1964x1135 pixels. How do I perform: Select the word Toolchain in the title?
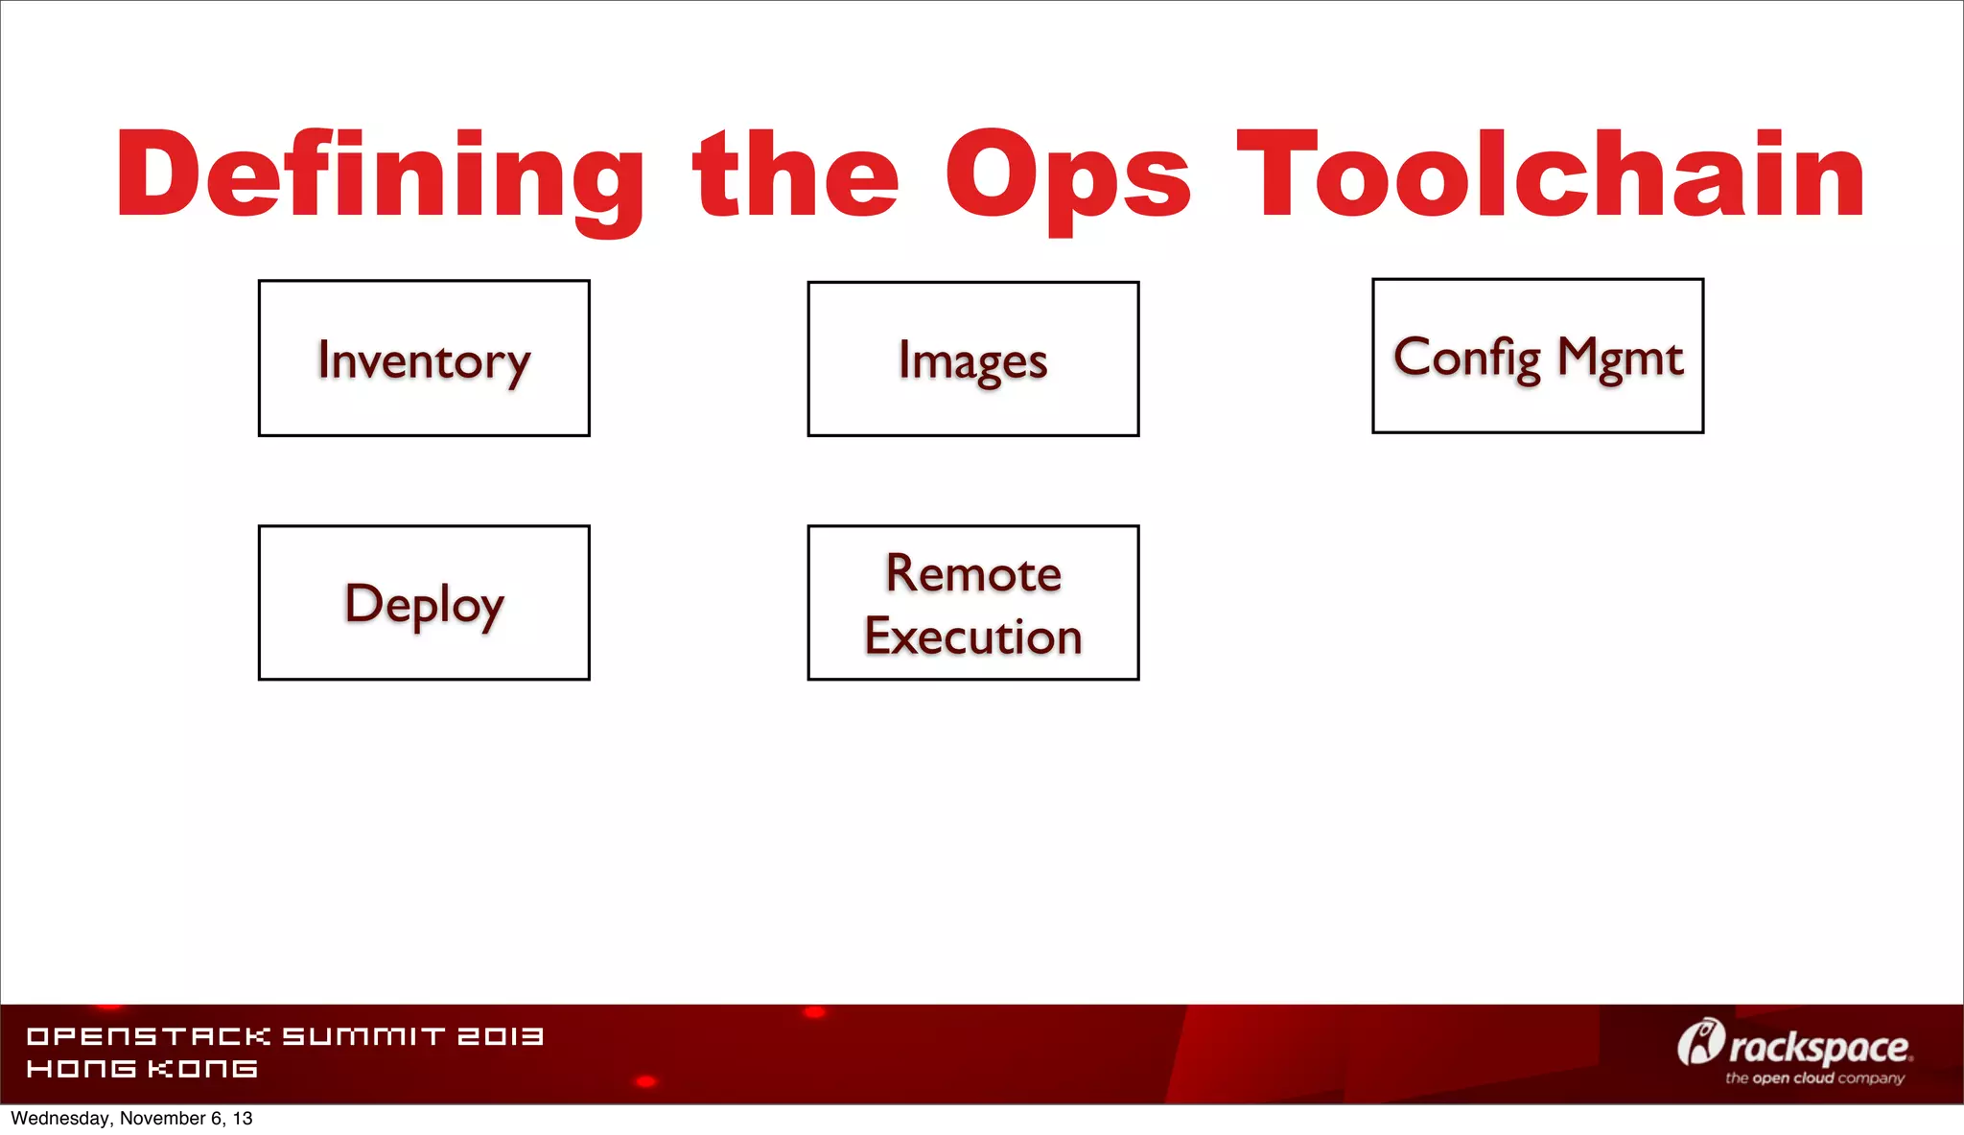pyautogui.click(x=1550, y=174)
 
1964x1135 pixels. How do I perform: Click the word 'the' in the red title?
pyautogui.click(x=795, y=175)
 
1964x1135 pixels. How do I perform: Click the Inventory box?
pyautogui.click(x=424, y=359)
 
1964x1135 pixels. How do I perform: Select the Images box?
pyautogui.click(x=972, y=359)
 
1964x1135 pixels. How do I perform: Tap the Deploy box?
pyautogui.click(x=424, y=603)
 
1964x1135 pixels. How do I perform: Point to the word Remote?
pyautogui.click(x=972, y=573)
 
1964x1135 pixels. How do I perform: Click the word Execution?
pyautogui.click(x=972, y=637)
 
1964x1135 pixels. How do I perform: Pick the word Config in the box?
pyautogui.click(x=1466, y=358)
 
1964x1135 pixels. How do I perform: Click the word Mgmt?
pyautogui.click(x=1620, y=358)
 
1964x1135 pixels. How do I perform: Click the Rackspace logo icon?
pyautogui.click(x=1700, y=1043)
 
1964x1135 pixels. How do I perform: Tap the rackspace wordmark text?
pyautogui.click(x=1819, y=1048)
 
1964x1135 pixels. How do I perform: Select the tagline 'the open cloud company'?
pyautogui.click(x=1814, y=1078)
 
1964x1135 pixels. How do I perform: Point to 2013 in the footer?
pyautogui.click(x=501, y=1036)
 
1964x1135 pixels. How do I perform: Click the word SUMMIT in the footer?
pyautogui.click(x=363, y=1036)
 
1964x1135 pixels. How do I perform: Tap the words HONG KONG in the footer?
pyautogui.click(x=142, y=1069)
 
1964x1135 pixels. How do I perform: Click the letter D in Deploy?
pyautogui.click(x=362, y=603)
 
